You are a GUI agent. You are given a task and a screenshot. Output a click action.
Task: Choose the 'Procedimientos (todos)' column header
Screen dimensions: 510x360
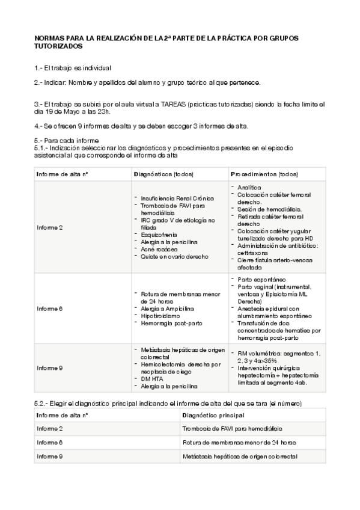point(264,174)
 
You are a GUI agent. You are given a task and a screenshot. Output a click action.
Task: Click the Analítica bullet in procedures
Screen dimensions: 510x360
point(249,188)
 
